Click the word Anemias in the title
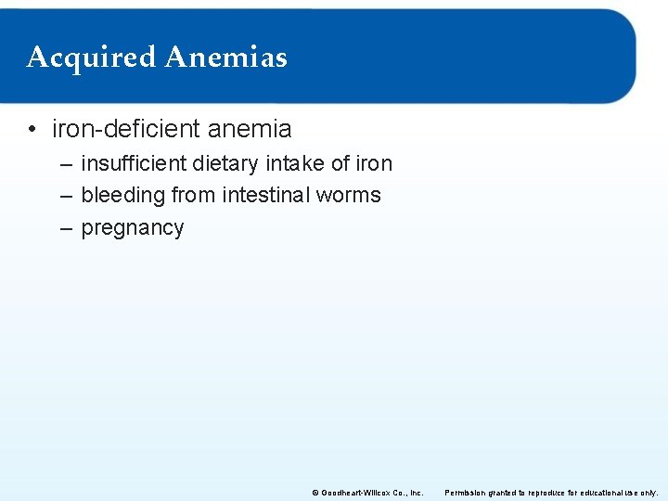225,57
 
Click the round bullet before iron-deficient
32,130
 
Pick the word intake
295,164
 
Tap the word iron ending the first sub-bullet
374,164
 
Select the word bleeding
123,196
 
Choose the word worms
348,196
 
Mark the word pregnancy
133,228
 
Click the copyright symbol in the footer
315,493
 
